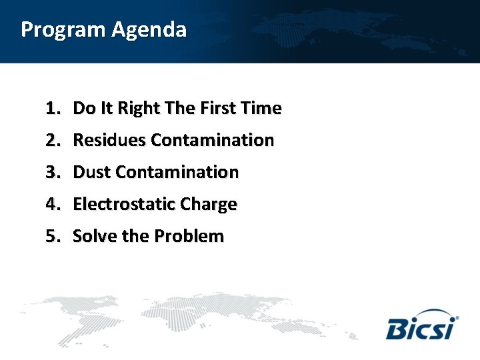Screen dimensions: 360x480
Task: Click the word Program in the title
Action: point(63,31)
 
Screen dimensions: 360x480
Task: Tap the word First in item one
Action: point(212,108)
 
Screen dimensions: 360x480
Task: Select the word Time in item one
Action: point(261,108)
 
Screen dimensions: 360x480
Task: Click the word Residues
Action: point(109,140)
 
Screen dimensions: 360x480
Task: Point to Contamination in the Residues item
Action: point(212,140)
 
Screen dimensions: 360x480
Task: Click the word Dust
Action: point(91,172)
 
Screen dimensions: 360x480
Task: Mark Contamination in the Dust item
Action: point(177,172)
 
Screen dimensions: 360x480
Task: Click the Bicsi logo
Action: point(421,325)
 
